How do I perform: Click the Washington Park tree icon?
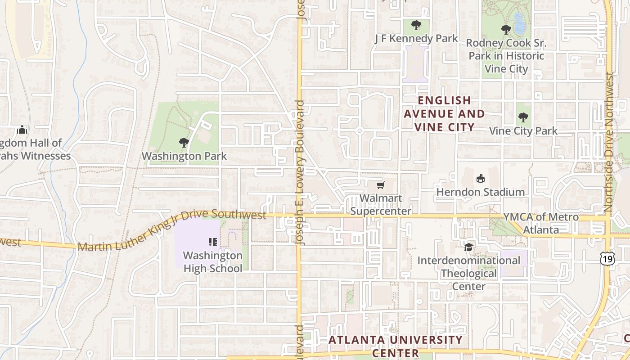pyautogui.click(x=184, y=143)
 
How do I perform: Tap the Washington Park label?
pyautogui.click(x=184, y=156)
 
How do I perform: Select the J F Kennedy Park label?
pyautogui.click(x=416, y=39)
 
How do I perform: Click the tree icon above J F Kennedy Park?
pyautogui.click(x=416, y=25)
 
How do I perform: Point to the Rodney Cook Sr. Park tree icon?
pyautogui.click(x=506, y=30)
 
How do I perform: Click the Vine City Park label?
pyautogui.click(x=523, y=131)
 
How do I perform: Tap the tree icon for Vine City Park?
pyautogui.click(x=523, y=117)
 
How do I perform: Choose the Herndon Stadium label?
pyautogui.click(x=481, y=192)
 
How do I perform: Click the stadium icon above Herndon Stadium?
pyautogui.click(x=481, y=178)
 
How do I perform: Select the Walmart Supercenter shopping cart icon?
pyautogui.click(x=381, y=185)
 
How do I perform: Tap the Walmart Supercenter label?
pyautogui.click(x=381, y=204)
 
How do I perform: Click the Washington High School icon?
pyautogui.click(x=213, y=242)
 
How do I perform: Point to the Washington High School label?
pyautogui.click(x=213, y=262)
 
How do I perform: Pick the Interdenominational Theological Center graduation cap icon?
pyautogui.click(x=469, y=247)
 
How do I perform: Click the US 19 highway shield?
pyautogui.click(x=607, y=258)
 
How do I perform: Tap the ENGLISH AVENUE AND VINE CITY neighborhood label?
pyautogui.click(x=444, y=114)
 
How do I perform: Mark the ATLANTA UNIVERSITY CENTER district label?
pyautogui.click(x=396, y=346)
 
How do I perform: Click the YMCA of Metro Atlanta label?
pyautogui.click(x=541, y=223)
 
